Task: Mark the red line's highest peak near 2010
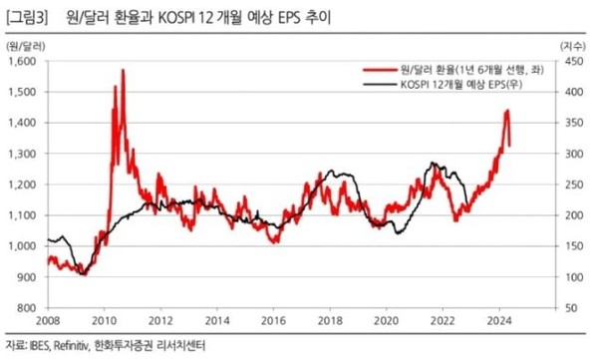[123, 70]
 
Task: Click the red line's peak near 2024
[507, 111]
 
